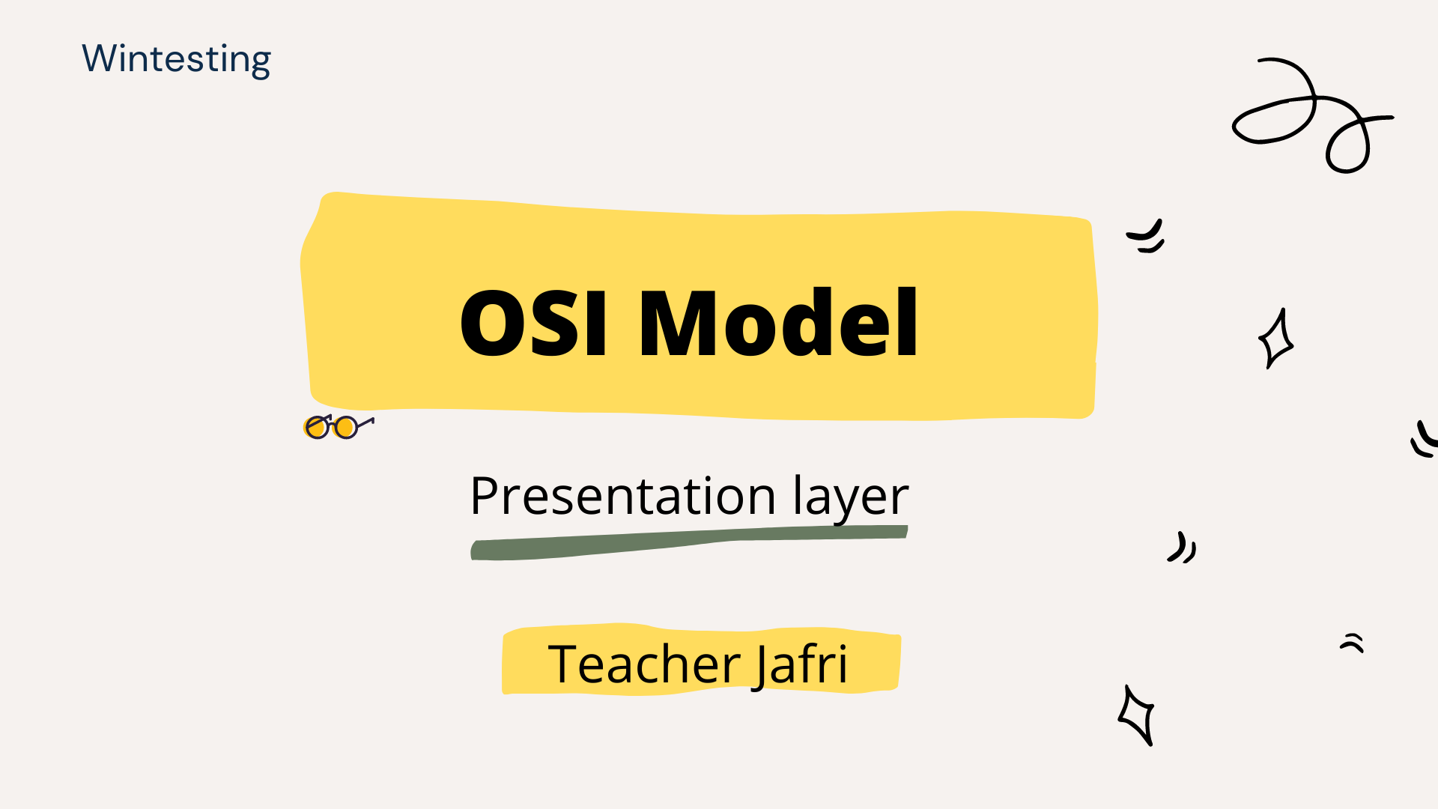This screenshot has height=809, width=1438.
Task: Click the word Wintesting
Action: (176, 60)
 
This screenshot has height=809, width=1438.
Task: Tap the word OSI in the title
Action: (533, 323)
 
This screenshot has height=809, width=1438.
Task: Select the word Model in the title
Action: (778, 321)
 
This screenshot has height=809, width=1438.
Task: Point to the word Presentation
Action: (622, 496)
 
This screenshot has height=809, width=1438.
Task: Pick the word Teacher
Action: (644, 664)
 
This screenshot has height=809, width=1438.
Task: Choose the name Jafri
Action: (800, 665)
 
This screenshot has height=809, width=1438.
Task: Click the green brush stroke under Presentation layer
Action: (689, 542)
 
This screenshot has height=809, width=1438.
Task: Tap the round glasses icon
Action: (339, 426)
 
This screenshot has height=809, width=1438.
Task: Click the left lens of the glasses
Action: (317, 428)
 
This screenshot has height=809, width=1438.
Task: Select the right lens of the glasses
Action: (345, 428)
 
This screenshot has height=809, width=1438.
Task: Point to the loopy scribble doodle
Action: (1313, 115)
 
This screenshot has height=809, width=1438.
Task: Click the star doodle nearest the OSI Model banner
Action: (1275, 339)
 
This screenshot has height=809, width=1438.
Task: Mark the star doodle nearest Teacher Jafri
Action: (1136, 715)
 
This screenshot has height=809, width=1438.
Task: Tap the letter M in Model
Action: (680, 323)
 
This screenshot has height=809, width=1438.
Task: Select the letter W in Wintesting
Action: (100, 58)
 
